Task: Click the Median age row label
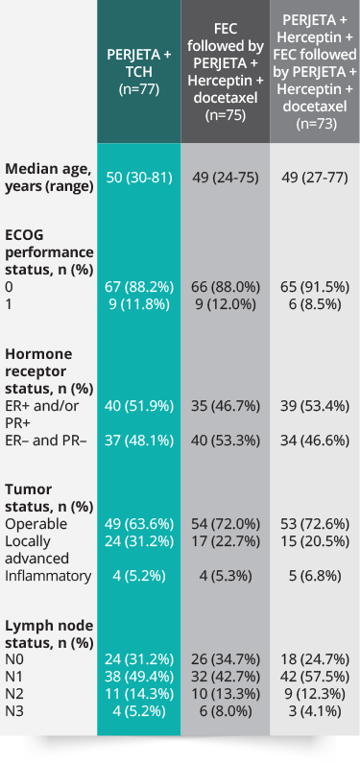click(x=49, y=178)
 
